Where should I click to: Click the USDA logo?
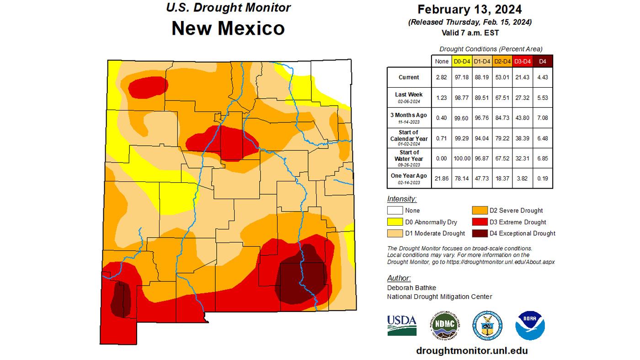pyautogui.click(x=402, y=325)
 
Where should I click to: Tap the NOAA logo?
pyautogui.click(x=530, y=325)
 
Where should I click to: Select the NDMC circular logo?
pyautogui.click(x=444, y=325)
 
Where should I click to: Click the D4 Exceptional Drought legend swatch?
pyautogui.click(x=480, y=233)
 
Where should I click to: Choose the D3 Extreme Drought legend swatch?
pyautogui.click(x=480, y=222)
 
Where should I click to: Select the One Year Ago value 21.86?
pyautogui.click(x=442, y=176)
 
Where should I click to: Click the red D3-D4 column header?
pyautogui.click(x=523, y=61)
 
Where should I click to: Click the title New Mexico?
pyautogui.click(x=228, y=28)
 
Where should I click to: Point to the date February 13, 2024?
pyautogui.click(x=469, y=9)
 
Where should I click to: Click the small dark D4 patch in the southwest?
pyautogui.click(x=121, y=299)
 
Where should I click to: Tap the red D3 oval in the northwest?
pyautogui.click(x=148, y=87)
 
